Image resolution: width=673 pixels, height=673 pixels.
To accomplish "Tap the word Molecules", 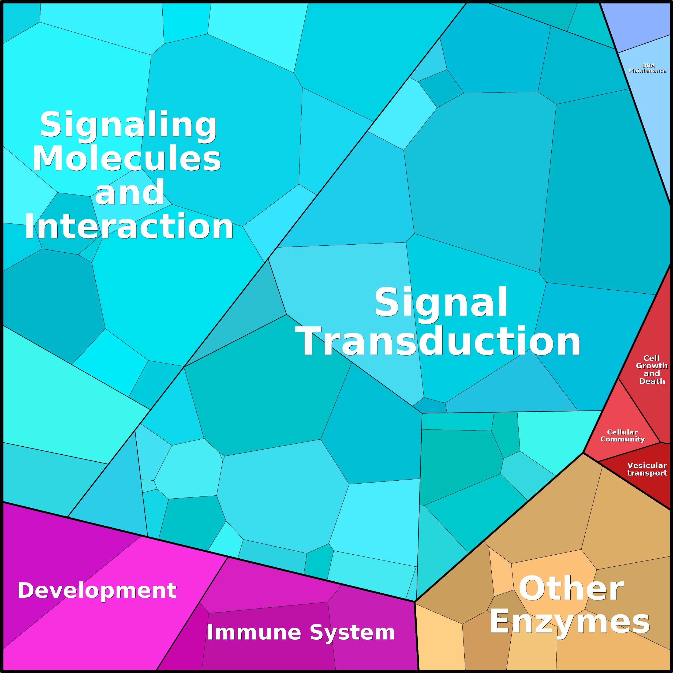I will click(127, 159).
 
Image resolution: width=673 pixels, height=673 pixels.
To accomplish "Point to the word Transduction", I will click(438, 342).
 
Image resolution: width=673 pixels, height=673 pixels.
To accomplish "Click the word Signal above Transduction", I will click(441, 302).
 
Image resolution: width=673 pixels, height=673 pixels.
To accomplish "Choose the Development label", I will click(97, 590).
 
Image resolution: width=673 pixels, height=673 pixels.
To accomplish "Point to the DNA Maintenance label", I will click(648, 68).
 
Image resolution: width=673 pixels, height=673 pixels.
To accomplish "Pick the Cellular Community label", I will click(622, 436).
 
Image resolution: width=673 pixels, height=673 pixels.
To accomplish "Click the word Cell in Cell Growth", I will click(651, 358).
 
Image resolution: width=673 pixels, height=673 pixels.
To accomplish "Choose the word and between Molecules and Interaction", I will click(130, 192).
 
